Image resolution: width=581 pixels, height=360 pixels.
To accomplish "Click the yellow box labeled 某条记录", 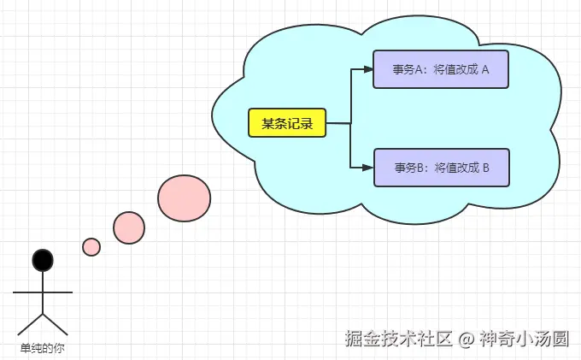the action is click(x=286, y=123).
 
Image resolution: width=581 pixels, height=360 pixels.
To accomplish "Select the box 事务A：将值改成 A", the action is click(x=441, y=70).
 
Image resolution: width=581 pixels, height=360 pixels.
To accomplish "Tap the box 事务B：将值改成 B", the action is click(x=441, y=168).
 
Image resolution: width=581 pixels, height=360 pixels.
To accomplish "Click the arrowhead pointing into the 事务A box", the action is click(x=369, y=70).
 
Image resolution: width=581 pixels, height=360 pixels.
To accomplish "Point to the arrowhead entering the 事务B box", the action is click(x=369, y=168).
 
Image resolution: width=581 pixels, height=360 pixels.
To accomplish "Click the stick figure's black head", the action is click(x=43, y=260).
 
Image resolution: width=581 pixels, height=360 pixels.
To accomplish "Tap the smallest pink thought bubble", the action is click(x=91, y=247).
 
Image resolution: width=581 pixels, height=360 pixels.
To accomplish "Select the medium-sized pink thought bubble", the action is click(x=129, y=227).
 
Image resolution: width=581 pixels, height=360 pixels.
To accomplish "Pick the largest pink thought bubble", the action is click(x=184, y=198).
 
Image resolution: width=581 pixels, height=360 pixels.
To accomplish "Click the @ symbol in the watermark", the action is click(x=466, y=339).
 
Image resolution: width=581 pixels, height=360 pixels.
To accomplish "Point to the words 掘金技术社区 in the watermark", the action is click(x=397, y=339).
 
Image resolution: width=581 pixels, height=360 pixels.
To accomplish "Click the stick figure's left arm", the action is click(x=26, y=292).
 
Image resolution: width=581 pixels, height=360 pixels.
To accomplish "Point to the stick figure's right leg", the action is click(x=56, y=323).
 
